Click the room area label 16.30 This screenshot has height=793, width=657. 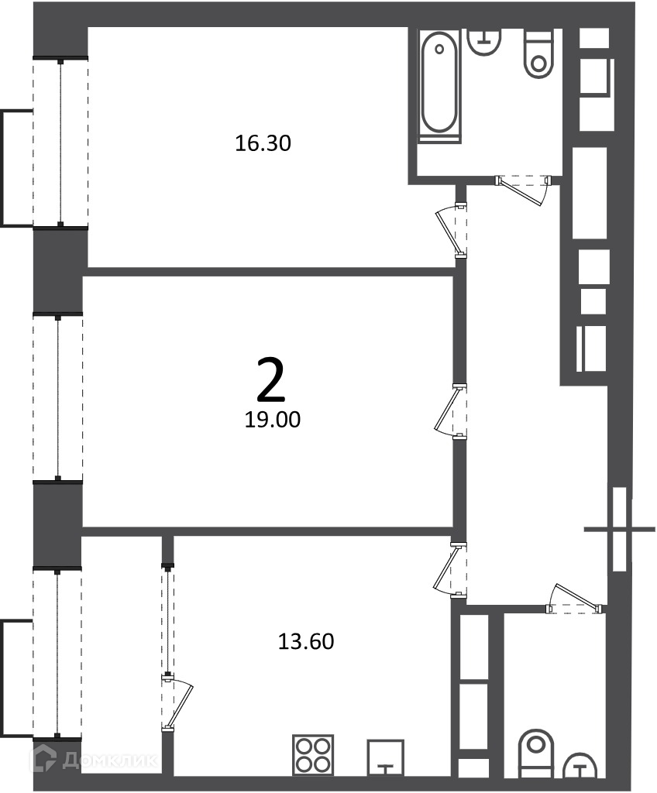click(x=263, y=143)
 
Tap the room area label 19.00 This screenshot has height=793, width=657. click(x=272, y=419)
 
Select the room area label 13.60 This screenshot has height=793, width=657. click(x=306, y=641)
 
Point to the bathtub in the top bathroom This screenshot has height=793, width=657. click(x=439, y=87)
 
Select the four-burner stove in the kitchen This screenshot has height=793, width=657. click(x=313, y=754)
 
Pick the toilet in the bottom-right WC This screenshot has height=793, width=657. click(x=536, y=753)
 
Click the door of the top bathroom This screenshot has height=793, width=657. click(x=523, y=190)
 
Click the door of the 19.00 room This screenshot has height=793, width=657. click(x=450, y=410)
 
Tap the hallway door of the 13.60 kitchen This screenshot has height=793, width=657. click(x=450, y=570)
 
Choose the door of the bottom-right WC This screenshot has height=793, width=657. click(x=576, y=599)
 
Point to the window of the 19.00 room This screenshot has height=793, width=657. click(x=57, y=398)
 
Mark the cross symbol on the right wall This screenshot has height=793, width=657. click(x=620, y=530)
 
